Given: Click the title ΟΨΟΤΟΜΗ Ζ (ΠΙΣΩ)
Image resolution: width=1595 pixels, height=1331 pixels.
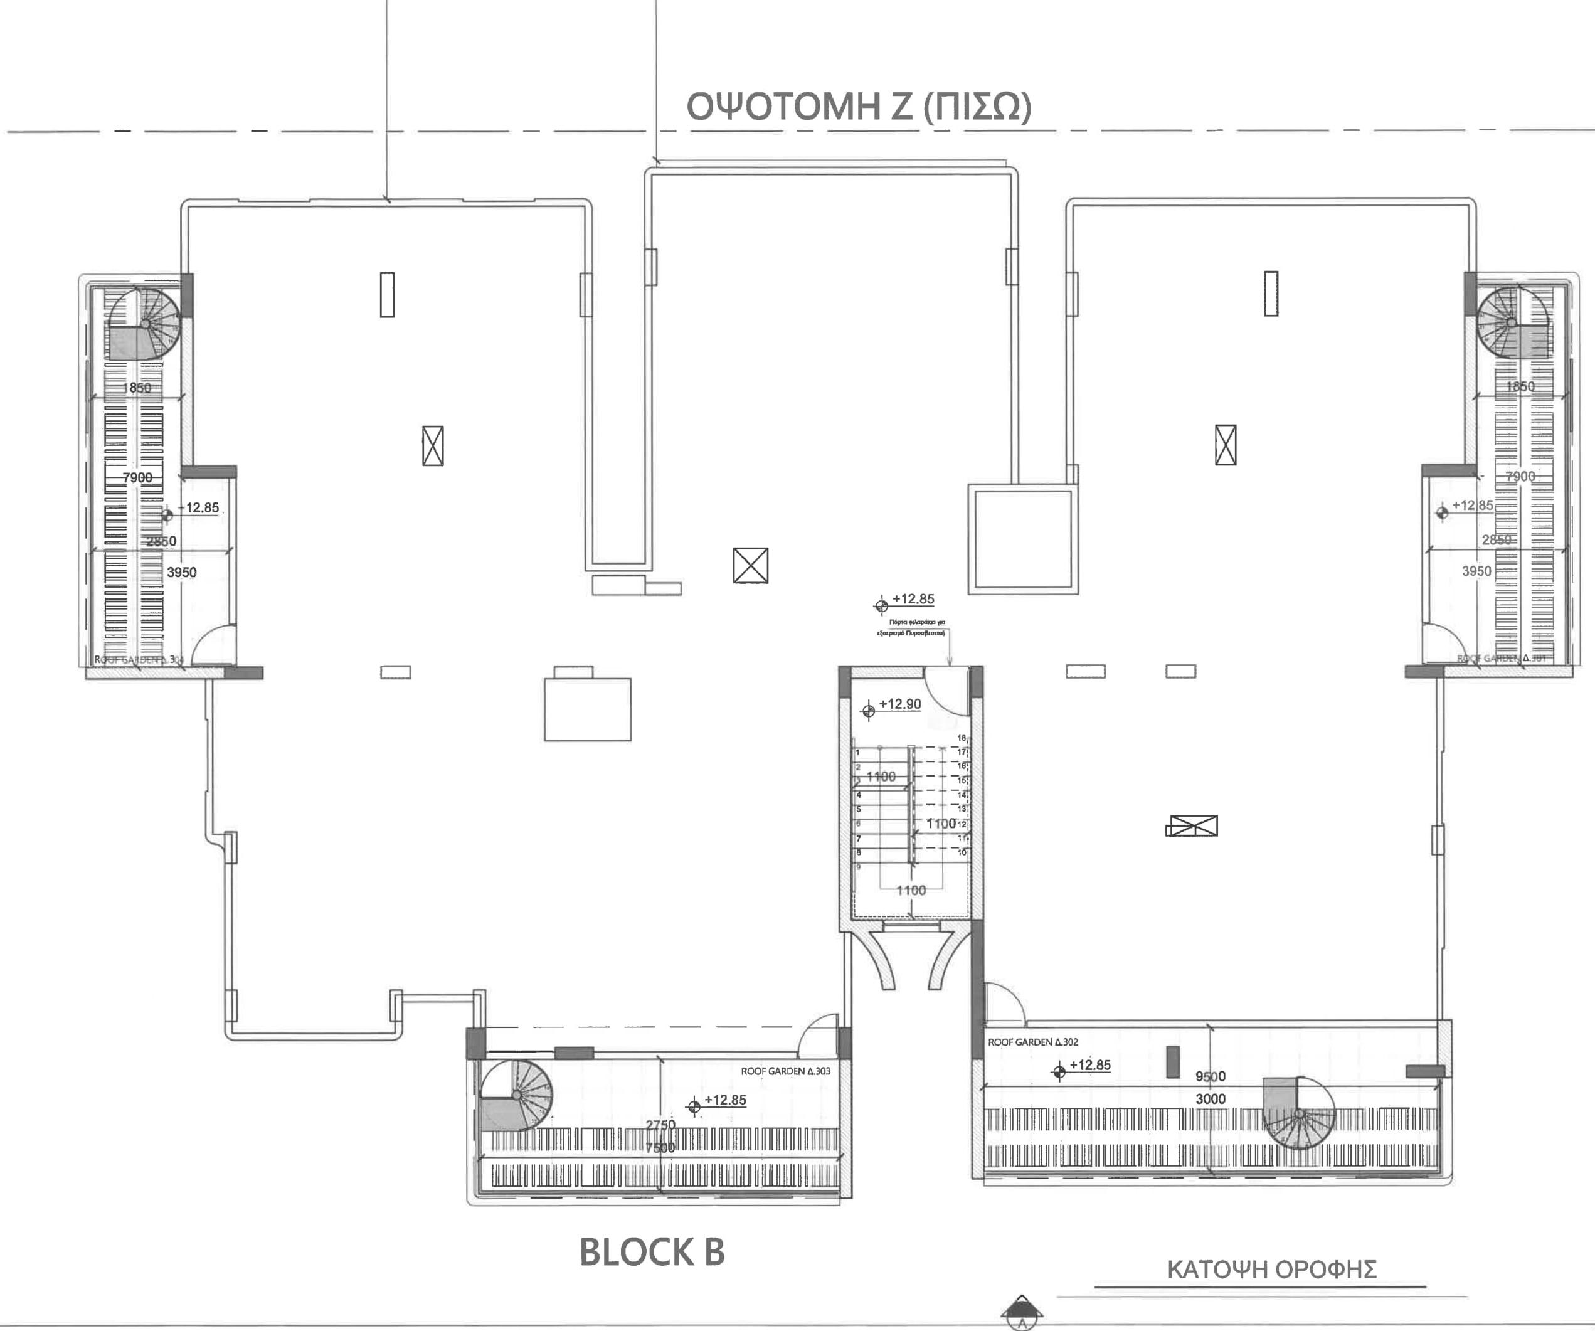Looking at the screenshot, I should point(858,107).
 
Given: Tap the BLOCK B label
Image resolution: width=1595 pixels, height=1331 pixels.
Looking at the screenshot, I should point(652,1253).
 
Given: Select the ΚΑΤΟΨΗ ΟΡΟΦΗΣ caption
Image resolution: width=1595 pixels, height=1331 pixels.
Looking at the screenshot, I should point(1271,1270).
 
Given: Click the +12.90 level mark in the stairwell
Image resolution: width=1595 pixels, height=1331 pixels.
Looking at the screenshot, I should point(899,704).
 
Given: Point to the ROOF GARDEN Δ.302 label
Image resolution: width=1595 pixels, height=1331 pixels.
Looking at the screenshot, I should point(1032,1042).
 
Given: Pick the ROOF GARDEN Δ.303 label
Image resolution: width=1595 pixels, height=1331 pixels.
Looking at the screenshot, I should point(785,1071).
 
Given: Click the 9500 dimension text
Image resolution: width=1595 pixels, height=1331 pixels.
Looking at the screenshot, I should point(1210,1076).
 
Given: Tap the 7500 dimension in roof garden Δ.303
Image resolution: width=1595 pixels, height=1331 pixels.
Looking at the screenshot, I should point(659,1148).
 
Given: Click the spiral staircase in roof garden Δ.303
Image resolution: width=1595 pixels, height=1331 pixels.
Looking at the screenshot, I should point(516,1096).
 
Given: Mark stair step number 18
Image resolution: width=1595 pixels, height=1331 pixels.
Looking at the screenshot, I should point(962,738).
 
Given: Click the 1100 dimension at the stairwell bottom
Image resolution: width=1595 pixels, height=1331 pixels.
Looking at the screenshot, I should point(911,891).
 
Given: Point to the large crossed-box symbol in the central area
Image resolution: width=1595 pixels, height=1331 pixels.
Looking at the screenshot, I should point(750,566).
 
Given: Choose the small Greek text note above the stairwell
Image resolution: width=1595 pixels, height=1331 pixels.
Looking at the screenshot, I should point(911,627).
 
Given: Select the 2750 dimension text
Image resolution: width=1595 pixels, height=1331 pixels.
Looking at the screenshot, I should point(660,1125).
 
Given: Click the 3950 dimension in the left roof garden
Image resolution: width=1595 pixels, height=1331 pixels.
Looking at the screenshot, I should point(181,572).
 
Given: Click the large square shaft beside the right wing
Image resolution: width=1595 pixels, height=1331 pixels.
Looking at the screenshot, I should point(1023,539).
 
